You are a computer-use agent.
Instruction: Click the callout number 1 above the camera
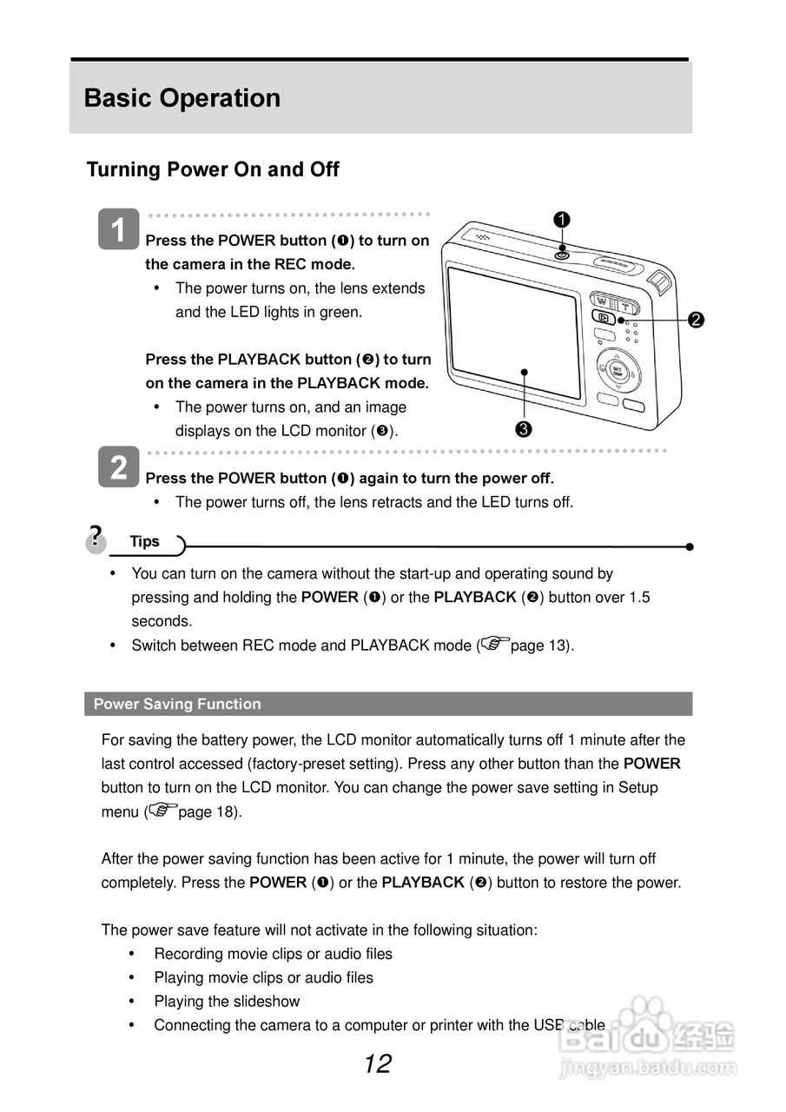click(x=562, y=220)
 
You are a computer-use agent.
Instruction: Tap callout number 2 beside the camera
click(x=695, y=320)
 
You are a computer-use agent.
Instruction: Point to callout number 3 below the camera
click(x=524, y=428)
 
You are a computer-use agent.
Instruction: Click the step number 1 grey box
click(x=118, y=229)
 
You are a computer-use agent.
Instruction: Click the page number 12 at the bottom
click(x=378, y=1063)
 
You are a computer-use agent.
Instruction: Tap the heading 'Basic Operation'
click(x=182, y=98)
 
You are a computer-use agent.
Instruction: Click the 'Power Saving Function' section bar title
click(x=177, y=704)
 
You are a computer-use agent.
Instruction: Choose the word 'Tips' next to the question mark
click(x=145, y=541)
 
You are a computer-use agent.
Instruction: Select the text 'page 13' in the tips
click(x=538, y=645)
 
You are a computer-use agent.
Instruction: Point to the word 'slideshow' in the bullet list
click(x=264, y=1002)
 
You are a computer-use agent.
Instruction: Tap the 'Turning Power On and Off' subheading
click(x=213, y=169)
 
